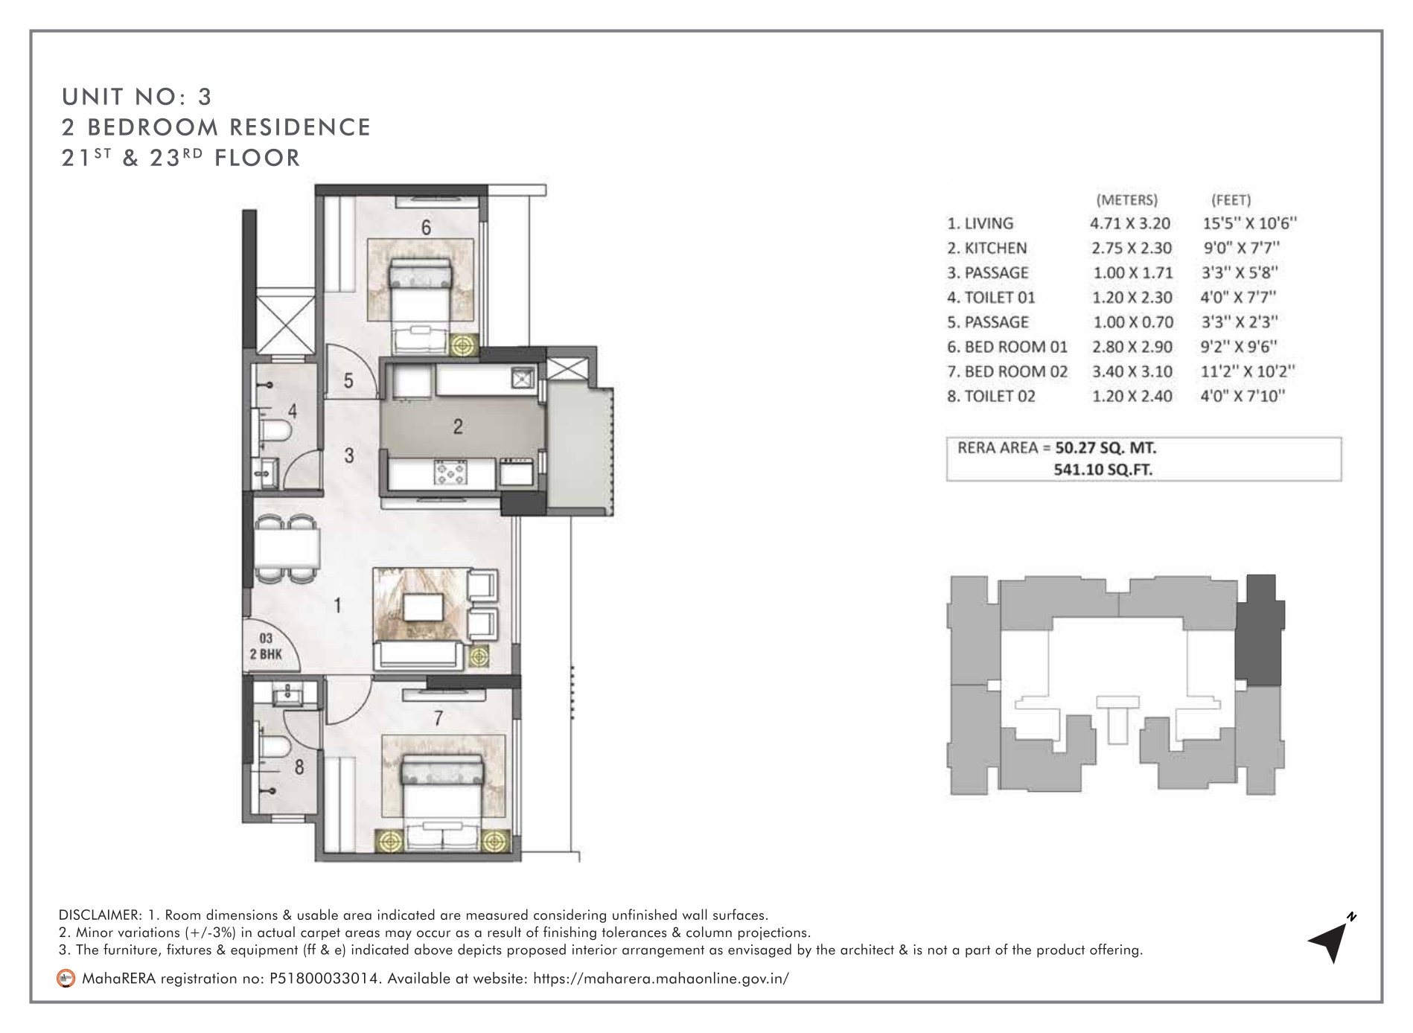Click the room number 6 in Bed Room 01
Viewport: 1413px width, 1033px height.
(x=426, y=227)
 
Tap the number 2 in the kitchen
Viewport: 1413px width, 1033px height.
(x=458, y=426)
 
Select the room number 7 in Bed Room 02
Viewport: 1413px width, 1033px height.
(x=438, y=718)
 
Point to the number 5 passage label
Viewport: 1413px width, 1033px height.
(x=348, y=381)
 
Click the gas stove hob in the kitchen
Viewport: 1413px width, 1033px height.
(x=450, y=473)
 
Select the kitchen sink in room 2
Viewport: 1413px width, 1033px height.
(x=522, y=378)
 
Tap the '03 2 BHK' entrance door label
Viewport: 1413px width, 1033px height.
(x=266, y=645)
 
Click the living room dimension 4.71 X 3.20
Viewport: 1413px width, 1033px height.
(x=1130, y=223)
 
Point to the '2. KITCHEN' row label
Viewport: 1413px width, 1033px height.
(x=986, y=248)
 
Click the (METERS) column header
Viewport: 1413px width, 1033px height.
(x=1127, y=199)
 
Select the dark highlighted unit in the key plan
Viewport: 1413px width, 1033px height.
(x=1260, y=630)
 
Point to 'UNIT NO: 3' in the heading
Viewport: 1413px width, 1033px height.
(x=138, y=97)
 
